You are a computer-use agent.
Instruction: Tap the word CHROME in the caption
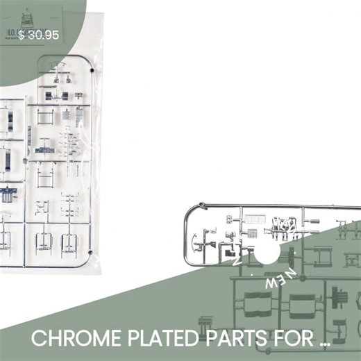[74, 339]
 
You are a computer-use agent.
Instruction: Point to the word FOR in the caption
[283, 339]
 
